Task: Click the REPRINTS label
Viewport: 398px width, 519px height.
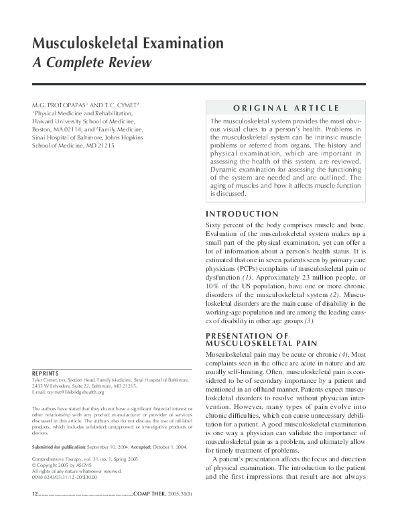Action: [46, 373]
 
